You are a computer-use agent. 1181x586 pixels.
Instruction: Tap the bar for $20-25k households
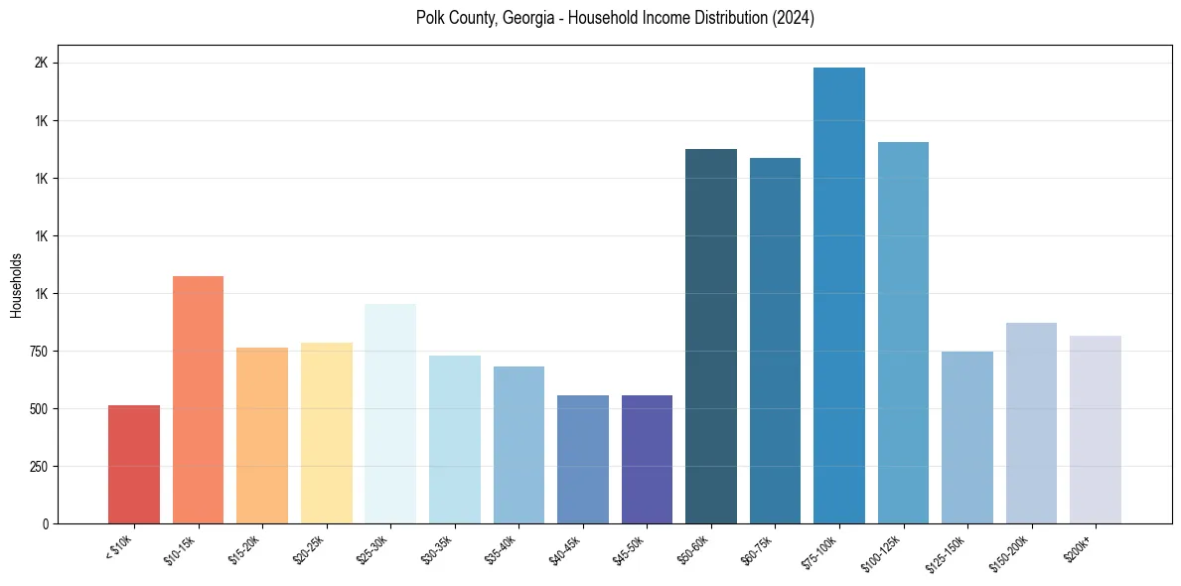pyautogui.click(x=326, y=433)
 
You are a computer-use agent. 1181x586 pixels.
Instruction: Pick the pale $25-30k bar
pyautogui.click(x=390, y=413)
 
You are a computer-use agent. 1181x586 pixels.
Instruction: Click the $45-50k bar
pyautogui.click(x=647, y=459)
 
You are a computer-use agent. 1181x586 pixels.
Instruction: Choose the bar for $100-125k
pyautogui.click(x=903, y=333)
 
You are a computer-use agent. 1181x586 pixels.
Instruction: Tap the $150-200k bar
pyautogui.click(x=1031, y=423)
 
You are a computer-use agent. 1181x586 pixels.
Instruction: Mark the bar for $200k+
pyautogui.click(x=1096, y=429)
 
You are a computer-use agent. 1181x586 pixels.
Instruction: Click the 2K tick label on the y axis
pyautogui.click(x=42, y=63)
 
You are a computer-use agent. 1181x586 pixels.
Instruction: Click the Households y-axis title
pyautogui.click(x=17, y=285)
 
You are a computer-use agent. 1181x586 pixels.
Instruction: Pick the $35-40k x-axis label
pyautogui.click(x=502, y=549)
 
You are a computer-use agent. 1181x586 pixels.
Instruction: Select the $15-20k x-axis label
pyautogui.click(x=245, y=549)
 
